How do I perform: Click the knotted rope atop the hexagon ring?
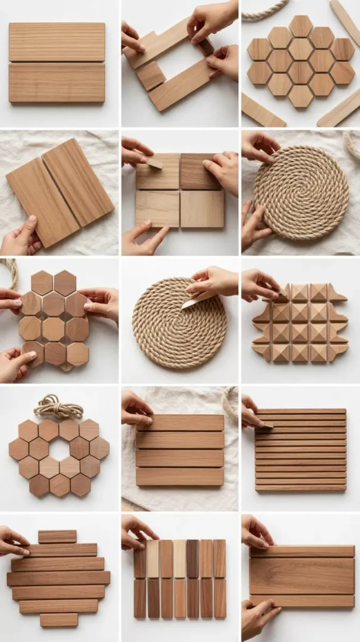coord(58,406)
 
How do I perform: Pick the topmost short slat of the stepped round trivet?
coord(57,537)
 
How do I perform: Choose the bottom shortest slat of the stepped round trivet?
coord(59,619)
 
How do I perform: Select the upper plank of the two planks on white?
coord(57,42)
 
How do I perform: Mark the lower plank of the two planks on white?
coord(57,82)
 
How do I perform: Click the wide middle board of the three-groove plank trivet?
coord(302,576)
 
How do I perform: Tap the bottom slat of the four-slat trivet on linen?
coord(180,476)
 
